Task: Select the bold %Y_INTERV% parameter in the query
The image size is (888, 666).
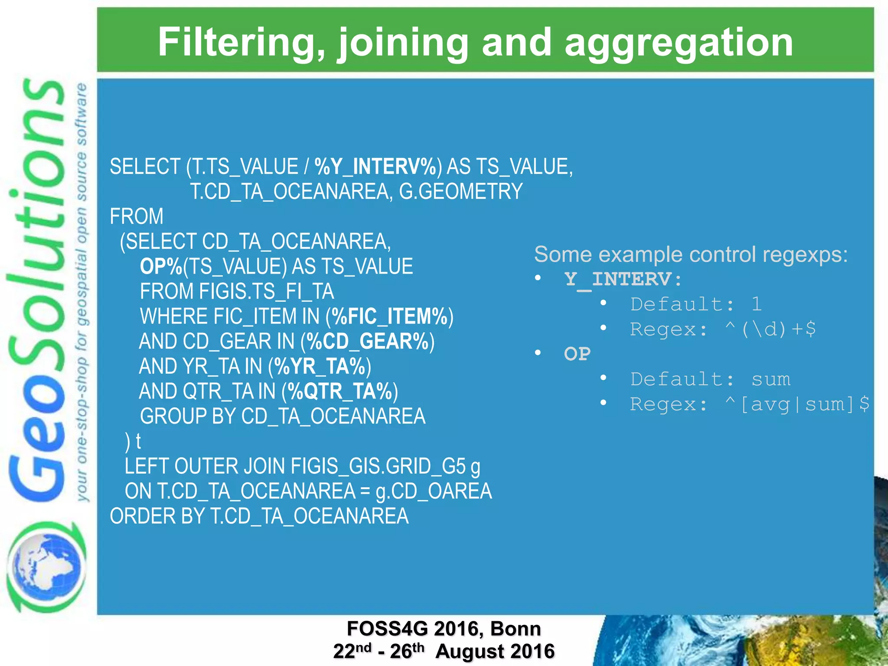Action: point(375,167)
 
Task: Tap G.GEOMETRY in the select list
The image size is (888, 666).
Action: point(460,192)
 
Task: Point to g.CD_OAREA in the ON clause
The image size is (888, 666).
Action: point(434,492)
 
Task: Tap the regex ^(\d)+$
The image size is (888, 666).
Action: point(770,330)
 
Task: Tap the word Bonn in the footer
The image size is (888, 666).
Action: point(516,629)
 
